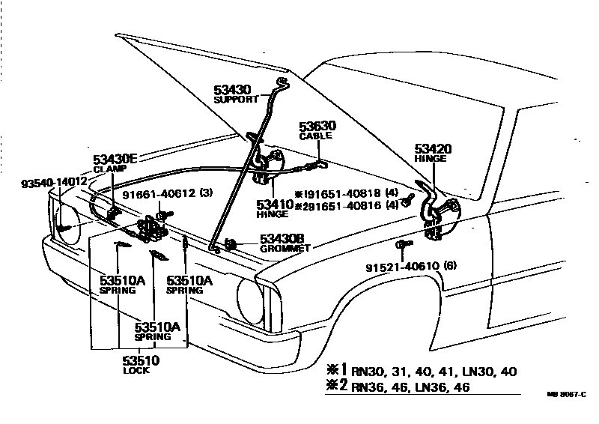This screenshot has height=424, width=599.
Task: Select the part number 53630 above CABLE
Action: (x=317, y=127)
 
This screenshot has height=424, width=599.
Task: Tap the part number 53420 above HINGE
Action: (x=433, y=149)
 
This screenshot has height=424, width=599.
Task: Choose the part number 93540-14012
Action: (x=53, y=182)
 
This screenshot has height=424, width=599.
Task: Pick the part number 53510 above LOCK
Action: (x=141, y=360)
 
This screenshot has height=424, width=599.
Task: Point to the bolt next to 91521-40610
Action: (x=402, y=245)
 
